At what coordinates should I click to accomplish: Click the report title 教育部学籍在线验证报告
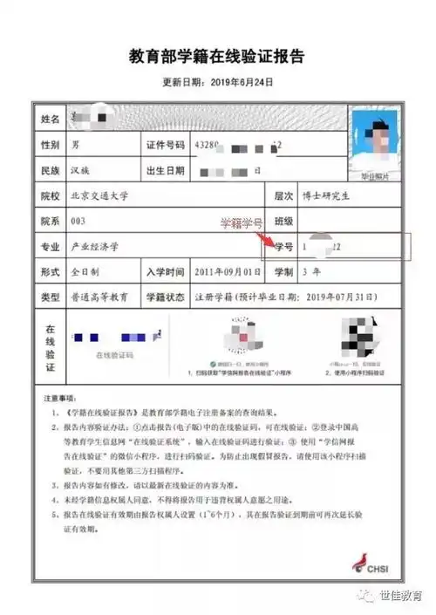pyautogui.click(x=218, y=58)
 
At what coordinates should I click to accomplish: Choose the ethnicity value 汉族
pyautogui.click(x=82, y=169)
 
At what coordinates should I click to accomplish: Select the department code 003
pyautogui.click(x=79, y=222)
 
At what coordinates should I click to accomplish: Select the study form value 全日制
pyautogui.click(x=85, y=273)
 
